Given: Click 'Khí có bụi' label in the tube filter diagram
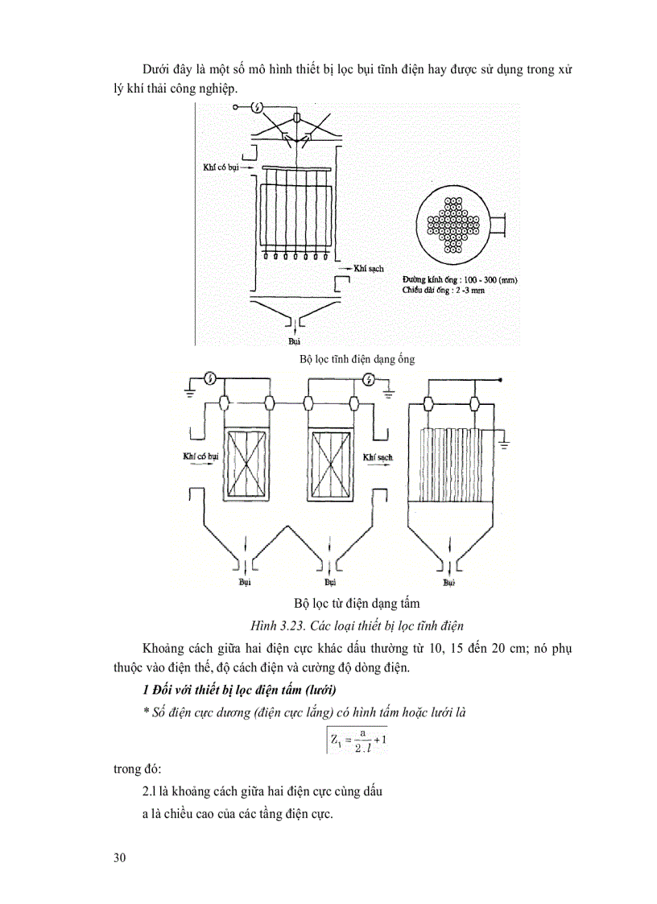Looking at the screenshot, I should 221,168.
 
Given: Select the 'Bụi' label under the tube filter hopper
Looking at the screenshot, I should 294,341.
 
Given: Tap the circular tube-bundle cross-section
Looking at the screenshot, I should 456,225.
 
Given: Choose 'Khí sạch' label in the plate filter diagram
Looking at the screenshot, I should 377,456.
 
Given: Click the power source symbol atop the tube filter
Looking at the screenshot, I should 258,107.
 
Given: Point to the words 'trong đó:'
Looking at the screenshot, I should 138,769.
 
